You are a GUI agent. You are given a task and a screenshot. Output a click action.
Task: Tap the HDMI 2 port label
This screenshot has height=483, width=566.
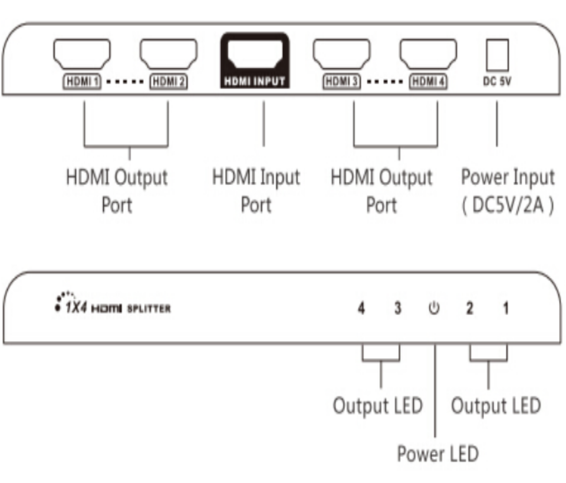tap(169, 82)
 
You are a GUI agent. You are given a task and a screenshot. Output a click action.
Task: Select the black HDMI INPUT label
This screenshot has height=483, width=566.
tap(255, 81)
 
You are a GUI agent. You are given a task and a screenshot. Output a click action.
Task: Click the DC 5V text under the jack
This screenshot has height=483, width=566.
tap(496, 82)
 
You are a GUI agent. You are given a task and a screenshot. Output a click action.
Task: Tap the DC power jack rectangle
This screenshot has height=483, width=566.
tap(496, 55)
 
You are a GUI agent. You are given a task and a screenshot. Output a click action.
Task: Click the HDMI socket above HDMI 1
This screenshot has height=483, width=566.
tap(82, 54)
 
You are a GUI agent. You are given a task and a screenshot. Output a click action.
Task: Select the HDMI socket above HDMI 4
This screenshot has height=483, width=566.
tap(429, 54)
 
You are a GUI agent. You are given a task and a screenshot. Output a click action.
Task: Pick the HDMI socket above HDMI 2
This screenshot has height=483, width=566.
tap(168, 54)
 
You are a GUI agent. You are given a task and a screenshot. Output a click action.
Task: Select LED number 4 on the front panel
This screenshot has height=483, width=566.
tap(362, 308)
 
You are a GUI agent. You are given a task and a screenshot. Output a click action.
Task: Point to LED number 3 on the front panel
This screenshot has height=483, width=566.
tap(399, 308)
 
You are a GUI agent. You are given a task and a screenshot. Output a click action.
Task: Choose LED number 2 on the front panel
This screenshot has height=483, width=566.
tap(470, 308)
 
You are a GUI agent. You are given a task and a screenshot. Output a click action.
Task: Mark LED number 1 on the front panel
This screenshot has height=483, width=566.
tap(506, 308)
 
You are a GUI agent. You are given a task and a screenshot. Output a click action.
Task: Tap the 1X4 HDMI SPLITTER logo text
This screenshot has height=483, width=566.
tap(112, 307)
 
